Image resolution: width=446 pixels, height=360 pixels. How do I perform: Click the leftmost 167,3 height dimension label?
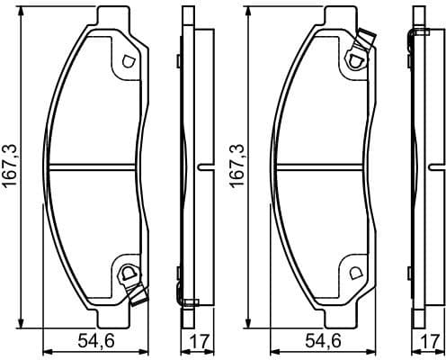(10, 167)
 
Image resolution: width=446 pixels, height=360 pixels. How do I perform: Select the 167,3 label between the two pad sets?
(237, 167)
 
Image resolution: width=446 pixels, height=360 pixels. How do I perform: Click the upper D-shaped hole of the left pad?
(127, 61)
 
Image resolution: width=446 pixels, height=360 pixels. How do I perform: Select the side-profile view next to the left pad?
(190, 167)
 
